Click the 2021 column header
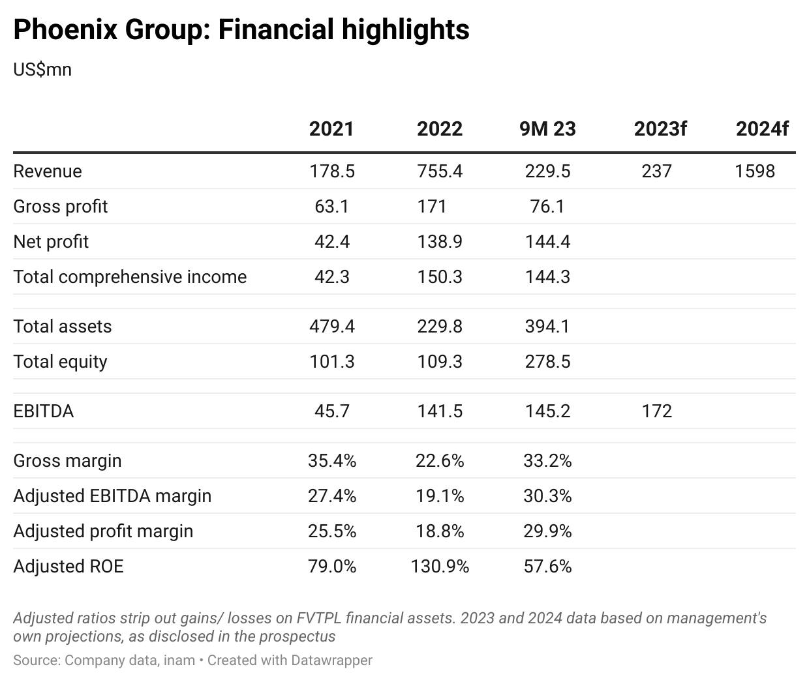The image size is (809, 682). click(331, 128)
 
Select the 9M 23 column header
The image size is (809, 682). click(547, 128)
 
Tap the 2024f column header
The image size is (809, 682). click(761, 128)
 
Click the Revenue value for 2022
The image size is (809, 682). click(440, 171)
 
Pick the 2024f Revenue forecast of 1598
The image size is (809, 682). click(754, 171)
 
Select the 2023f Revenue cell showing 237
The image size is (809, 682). click(656, 171)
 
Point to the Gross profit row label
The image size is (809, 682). click(60, 207)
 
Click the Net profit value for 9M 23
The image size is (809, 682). click(547, 242)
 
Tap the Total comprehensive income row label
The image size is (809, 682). click(130, 277)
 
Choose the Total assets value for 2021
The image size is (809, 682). click(331, 327)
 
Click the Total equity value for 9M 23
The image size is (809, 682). click(547, 362)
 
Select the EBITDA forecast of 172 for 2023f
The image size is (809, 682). click(656, 411)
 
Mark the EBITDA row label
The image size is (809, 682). click(43, 411)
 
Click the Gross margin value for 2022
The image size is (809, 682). click(440, 461)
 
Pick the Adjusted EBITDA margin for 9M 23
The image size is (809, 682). click(547, 496)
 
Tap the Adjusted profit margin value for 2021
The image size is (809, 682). click(331, 531)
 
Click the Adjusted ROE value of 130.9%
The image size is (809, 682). click(440, 567)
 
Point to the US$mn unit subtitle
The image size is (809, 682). click(42, 69)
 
